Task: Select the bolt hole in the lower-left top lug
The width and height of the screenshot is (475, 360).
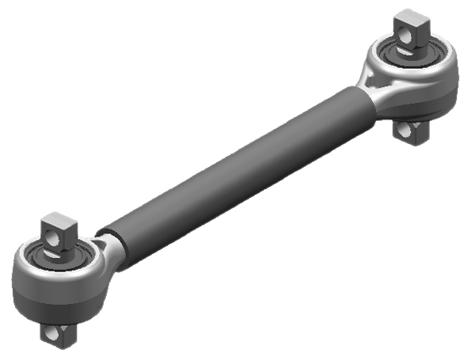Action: (54, 236)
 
